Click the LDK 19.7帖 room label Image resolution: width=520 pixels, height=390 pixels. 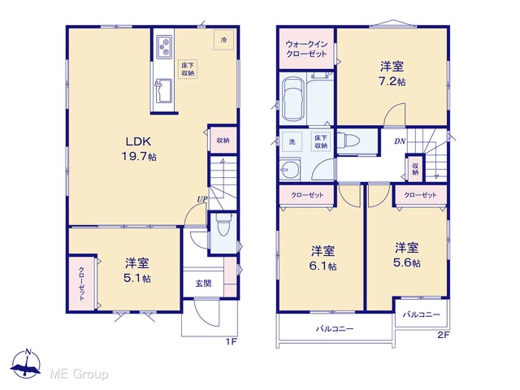pyautogui.click(x=139, y=149)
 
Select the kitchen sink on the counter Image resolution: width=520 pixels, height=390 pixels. pyautogui.click(x=163, y=90)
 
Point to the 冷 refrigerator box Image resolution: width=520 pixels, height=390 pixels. pyautogui.click(x=224, y=40)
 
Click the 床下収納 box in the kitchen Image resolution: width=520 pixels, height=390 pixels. pyautogui.click(x=188, y=69)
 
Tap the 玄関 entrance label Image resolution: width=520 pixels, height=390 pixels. pyautogui.click(x=203, y=284)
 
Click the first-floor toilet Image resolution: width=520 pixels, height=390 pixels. pyautogui.click(x=224, y=224)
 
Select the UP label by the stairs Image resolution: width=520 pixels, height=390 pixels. pyautogui.click(x=202, y=199)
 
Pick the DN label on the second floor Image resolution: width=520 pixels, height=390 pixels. pyautogui.click(x=400, y=141)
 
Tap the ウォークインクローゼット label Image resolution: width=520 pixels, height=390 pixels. pyautogui.click(x=306, y=49)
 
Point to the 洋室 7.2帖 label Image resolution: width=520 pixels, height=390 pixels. pyautogui.click(x=392, y=74)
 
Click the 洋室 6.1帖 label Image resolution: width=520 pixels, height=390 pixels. pyautogui.click(x=323, y=258)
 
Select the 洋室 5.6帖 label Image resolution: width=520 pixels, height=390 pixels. pyautogui.click(x=406, y=254)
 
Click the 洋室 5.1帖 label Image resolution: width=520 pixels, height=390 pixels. pyautogui.click(x=137, y=271)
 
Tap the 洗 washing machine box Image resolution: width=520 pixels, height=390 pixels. pyautogui.click(x=292, y=141)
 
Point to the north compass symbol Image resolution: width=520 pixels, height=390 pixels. pyautogui.click(x=26, y=364)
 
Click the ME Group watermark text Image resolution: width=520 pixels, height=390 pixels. pyautogui.click(x=79, y=374)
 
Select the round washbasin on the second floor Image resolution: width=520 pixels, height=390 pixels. pyautogui.click(x=290, y=170)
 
